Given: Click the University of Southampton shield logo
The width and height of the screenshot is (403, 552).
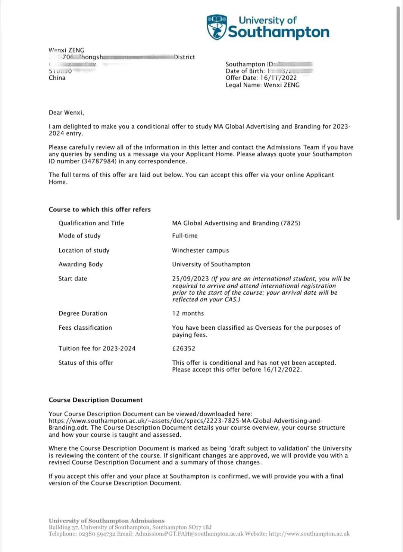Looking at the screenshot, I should click(x=217, y=27).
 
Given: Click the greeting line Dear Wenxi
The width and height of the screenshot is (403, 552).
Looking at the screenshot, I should click(x=66, y=113).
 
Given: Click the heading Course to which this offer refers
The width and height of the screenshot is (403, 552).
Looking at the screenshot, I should click(x=100, y=210).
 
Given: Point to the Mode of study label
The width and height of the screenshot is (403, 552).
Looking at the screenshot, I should click(x=79, y=236).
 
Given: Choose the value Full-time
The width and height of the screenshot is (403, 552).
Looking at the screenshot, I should click(x=185, y=236).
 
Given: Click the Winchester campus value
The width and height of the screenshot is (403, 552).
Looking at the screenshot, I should click(x=200, y=250).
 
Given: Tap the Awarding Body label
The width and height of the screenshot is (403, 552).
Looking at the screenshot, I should click(x=81, y=264).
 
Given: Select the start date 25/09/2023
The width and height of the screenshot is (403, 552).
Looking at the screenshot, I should click(x=191, y=279).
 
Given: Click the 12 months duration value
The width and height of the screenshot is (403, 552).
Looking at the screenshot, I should click(x=188, y=313).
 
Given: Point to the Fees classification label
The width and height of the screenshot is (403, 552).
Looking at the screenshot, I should click(x=85, y=328).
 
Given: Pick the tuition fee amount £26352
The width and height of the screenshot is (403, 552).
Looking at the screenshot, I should click(x=184, y=348).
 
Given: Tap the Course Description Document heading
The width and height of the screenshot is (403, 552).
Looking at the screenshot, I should click(x=96, y=400).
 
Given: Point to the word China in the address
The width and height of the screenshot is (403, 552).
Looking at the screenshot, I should click(x=57, y=78).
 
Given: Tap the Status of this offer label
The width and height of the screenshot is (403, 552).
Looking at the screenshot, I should click(x=86, y=363).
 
